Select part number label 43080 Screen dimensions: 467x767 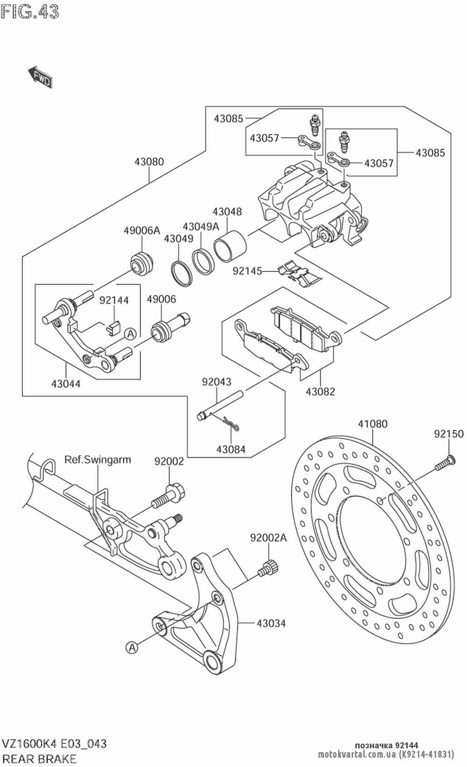coord(149,162)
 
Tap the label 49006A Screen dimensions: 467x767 coord(142,230)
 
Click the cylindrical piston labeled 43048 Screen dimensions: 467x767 coord(230,246)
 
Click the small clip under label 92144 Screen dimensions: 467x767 coord(112,328)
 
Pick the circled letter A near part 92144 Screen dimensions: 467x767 coord(130,334)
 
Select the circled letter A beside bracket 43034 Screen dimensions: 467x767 coord(132,647)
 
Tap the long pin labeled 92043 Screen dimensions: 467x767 coord(220,405)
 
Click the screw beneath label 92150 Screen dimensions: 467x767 coord(445,462)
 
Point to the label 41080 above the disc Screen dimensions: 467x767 coord(373,424)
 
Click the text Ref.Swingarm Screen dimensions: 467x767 coord(98,460)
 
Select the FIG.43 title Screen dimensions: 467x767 coord(30,11)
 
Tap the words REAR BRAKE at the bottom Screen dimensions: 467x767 coord(39,759)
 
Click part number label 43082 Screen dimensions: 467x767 coord(320,391)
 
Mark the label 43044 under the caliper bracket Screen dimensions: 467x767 coord(66,384)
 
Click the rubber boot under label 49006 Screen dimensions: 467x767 coord(161,332)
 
